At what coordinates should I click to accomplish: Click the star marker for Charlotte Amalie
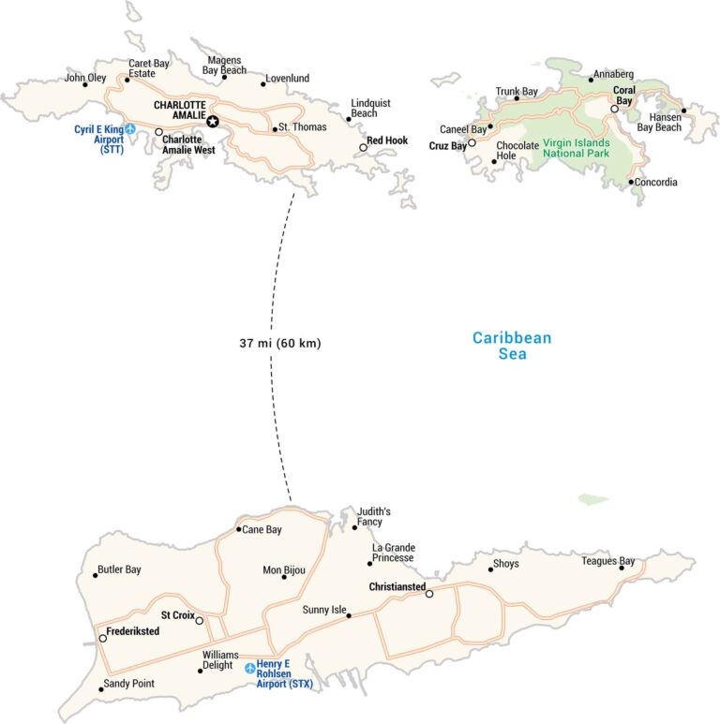(213, 120)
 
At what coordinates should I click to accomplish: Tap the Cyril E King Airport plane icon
(130, 128)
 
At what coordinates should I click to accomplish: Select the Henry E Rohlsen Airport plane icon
(249, 668)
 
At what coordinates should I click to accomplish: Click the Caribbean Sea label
(512, 346)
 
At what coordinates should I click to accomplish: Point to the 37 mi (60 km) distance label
(279, 344)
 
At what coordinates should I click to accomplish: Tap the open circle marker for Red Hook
(363, 147)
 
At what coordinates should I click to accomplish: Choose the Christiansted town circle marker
(429, 594)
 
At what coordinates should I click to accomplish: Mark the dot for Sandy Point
(101, 689)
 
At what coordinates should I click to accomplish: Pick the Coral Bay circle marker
(614, 110)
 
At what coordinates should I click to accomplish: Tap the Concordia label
(655, 183)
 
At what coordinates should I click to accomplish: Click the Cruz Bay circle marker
(472, 143)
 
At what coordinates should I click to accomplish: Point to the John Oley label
(85, 78)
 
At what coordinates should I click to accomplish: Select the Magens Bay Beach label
(224, 65)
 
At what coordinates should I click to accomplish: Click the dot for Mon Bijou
(284, 577)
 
